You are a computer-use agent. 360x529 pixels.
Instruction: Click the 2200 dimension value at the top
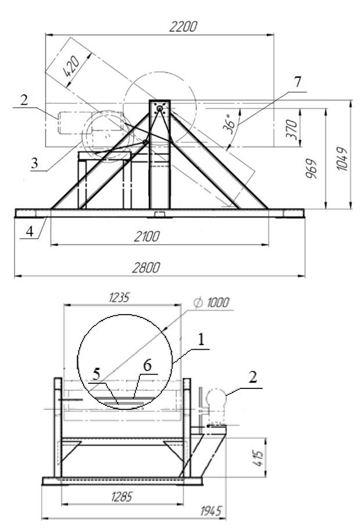(182, 27)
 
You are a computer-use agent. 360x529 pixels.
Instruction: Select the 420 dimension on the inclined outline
(72, 66)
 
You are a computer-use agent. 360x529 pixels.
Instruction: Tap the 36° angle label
(229, 124)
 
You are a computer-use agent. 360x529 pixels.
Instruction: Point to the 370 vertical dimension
(291, 129)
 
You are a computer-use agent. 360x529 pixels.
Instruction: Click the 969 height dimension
(311, 168)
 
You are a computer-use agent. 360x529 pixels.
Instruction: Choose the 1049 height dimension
(342, 159)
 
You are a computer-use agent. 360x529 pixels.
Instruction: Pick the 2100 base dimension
(146, 236)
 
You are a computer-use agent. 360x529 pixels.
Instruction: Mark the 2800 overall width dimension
(146, 268)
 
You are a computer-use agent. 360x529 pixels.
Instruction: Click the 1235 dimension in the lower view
(119, 298)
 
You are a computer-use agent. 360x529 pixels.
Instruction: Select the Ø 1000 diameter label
(211, 303)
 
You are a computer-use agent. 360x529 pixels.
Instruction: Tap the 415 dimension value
(258, 457)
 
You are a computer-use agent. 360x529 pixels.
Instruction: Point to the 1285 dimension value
(121, 496)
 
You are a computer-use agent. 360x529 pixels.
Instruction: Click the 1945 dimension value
(211, 511)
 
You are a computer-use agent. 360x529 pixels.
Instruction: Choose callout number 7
(297, 82)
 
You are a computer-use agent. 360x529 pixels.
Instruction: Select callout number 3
(34, 163)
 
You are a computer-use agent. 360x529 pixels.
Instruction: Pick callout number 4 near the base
(30, 232)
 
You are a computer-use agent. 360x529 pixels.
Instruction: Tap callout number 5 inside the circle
(96, 374)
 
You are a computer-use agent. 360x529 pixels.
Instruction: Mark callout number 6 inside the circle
(147, 365)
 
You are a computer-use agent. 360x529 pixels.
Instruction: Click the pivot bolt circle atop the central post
(159, 108)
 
